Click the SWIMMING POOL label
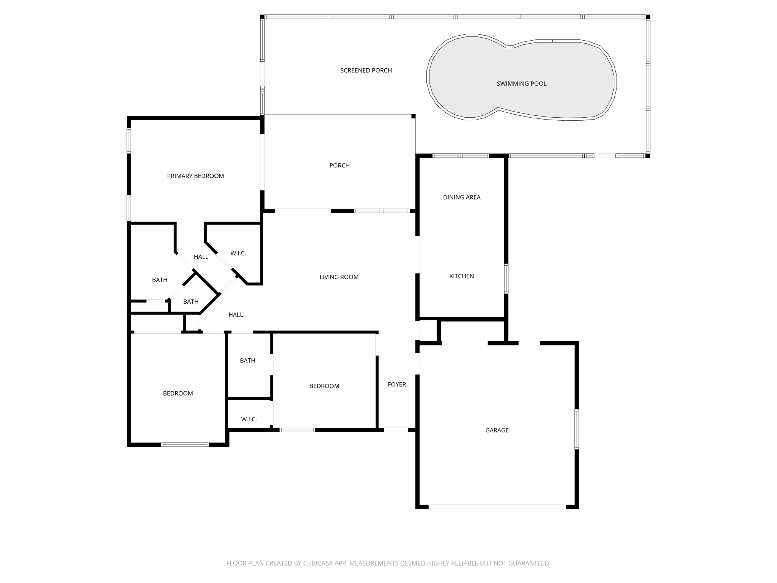tap(521, 84)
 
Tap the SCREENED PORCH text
tap(366, 70)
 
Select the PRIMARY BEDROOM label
tap(195, 176)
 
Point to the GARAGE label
tap(497, 430)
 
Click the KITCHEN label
tap(461, 276)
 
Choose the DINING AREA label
tap(461, 197)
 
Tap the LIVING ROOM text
tap(339, 277)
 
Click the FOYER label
tap(396, 384)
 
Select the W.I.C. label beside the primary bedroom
tap(238, 253)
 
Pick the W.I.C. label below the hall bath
tap(249, 419)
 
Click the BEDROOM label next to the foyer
tap(324, 386)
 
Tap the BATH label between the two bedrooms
tap(247, 361)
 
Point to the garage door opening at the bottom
tap(497, 507)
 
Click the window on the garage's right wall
tap(577, 429)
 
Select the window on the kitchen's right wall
tap(506, 279)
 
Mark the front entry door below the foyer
tap(396, 429)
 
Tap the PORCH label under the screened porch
tap(339, 165)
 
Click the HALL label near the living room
tap(236, 314)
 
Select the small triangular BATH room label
tap(190, 302)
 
